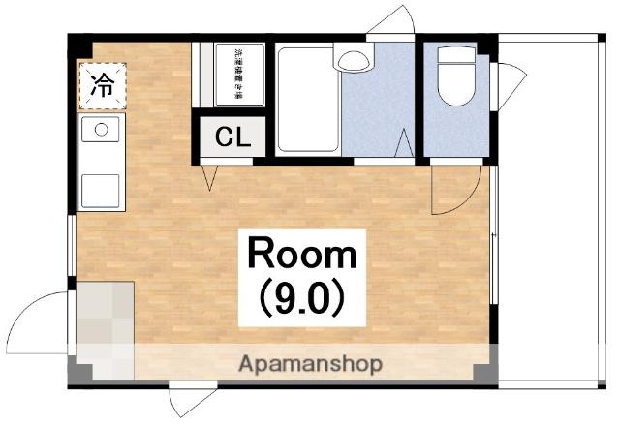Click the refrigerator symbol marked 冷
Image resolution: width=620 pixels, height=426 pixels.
tap(101, 85)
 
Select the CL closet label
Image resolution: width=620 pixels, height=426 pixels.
tap(232, 137)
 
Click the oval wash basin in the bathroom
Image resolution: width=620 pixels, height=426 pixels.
tap(354, 59)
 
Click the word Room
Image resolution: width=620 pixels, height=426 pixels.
tap(302, 257)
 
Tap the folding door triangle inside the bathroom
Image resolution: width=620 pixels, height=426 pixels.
tap(405, 143)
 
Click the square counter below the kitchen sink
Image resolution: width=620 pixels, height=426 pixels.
tap(100, 190)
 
